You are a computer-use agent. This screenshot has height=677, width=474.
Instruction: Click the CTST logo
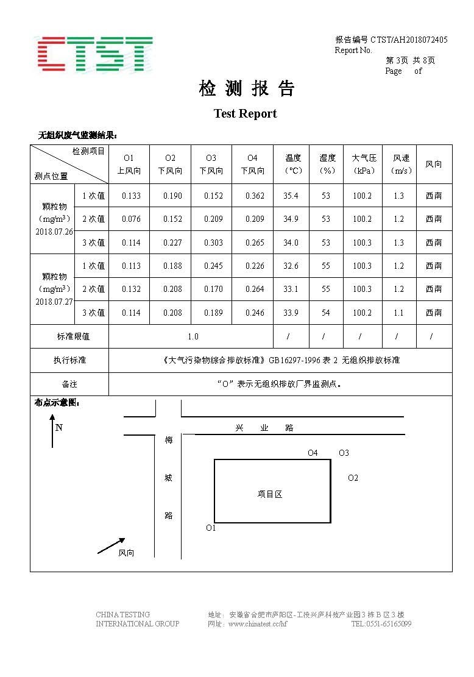click(93, 54)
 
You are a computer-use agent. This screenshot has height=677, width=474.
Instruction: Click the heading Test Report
click(245, 114)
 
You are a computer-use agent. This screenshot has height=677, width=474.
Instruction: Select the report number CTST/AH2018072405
click(409, 40)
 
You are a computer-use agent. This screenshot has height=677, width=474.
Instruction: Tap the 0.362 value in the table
click(255, 196)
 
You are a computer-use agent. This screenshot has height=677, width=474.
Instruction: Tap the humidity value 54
click(326, 313)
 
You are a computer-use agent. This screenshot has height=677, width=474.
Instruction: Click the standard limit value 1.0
click(193, 336)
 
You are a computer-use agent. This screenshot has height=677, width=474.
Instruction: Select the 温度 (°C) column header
click(293, 165)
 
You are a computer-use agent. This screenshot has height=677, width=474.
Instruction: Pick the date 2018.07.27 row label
click(54, 301)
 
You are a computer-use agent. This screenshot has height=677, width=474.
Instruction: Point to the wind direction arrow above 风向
click(111, 546)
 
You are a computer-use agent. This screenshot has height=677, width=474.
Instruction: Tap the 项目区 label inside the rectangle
click(270, 494)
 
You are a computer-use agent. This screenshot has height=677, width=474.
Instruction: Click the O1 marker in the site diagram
click(211, 528)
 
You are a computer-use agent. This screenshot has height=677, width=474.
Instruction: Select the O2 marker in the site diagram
click(353, 478)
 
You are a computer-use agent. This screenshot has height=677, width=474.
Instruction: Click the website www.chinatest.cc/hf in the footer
click(257, 624)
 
